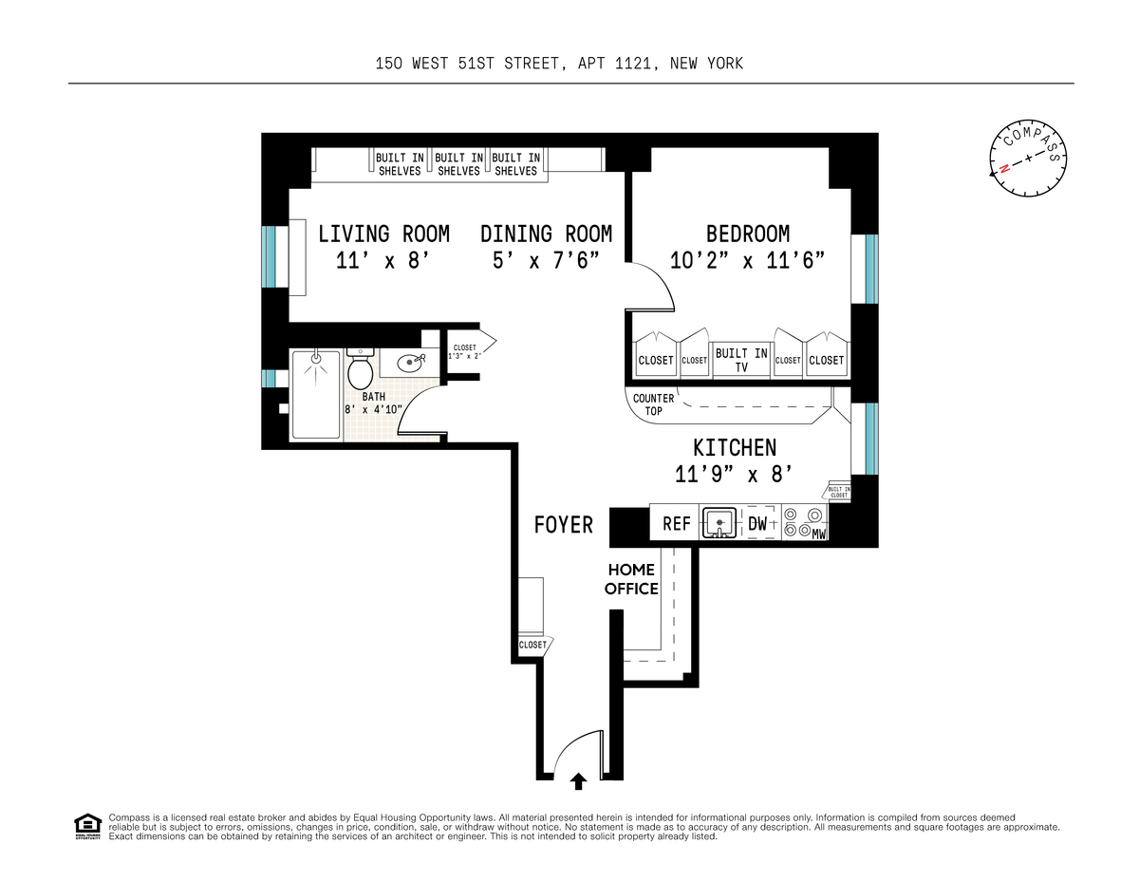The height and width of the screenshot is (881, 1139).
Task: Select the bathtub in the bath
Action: [x=315, y=394]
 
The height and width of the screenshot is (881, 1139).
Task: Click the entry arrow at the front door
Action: [x=578, y=781]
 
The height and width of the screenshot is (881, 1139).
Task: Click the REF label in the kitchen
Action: [x=676, y=523]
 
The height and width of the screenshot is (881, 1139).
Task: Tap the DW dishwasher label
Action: [x=757, y=523]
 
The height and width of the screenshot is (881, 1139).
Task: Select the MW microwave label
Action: [x=819, y=535]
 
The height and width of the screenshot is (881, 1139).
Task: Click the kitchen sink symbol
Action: [x=720, y=522]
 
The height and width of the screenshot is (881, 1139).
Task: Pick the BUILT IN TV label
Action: [x=741, y=360]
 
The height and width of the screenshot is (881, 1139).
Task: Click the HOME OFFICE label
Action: [x=632, y=579]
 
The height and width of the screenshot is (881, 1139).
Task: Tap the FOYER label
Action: [x=563, y=524]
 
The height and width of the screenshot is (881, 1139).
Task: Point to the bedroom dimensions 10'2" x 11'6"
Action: [x=747, y=260]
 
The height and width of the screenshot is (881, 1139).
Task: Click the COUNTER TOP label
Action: [x=653, y=405]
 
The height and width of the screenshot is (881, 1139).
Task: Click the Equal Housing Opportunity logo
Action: [x=87, y=826]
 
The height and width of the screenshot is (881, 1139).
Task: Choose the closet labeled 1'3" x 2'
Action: [x=466, y=351]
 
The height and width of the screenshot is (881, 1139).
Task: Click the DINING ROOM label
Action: [x=546, y=234]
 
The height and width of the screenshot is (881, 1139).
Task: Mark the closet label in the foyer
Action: [x=532, y=645]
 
